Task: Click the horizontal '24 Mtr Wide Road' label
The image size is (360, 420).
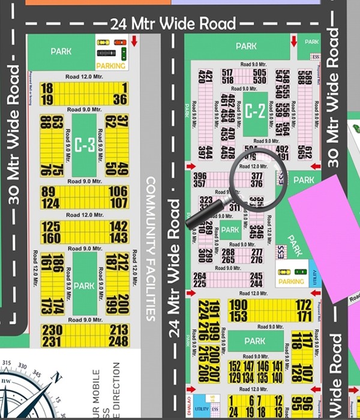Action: point(173,24)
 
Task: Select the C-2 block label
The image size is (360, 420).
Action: point(255,111)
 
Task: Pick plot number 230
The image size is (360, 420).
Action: point(52,329)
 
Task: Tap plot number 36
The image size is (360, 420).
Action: point(119,100)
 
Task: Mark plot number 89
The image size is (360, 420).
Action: point(49,192)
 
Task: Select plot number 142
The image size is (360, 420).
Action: point(119,226)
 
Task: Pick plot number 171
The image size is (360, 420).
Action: point(304,316)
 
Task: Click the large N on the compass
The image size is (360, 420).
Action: point(56,377)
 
